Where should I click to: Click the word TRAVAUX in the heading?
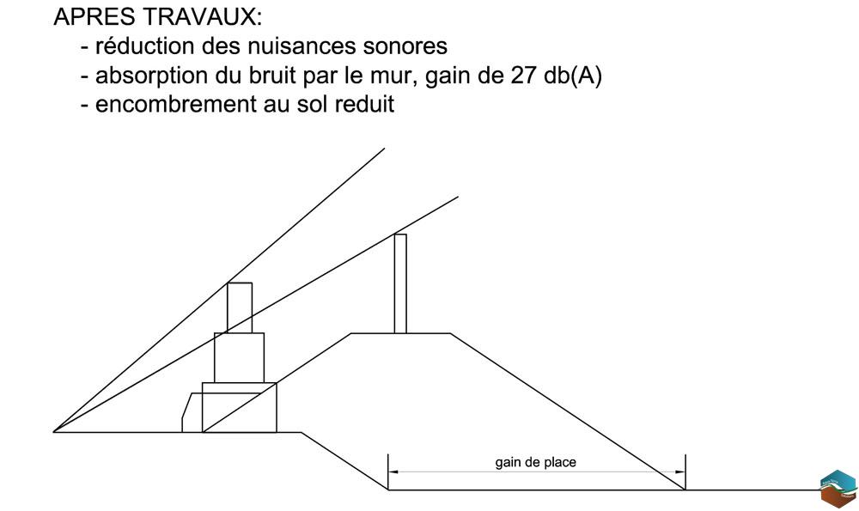click(202, 17)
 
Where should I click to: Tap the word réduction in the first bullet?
click(144, 46)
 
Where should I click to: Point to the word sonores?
click(405, 46)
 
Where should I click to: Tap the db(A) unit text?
click(573, 76)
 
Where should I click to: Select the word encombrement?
click(175, 104)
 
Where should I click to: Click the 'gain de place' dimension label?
click(536, 463)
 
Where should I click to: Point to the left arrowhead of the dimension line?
click(393, 471)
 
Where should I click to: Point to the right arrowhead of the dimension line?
click(680, 471)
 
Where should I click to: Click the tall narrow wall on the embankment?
click(400, 283)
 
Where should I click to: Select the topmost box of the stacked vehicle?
click(240, 307)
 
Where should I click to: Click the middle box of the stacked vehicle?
click(239, 357)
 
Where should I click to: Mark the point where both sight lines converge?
click(53, 432)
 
